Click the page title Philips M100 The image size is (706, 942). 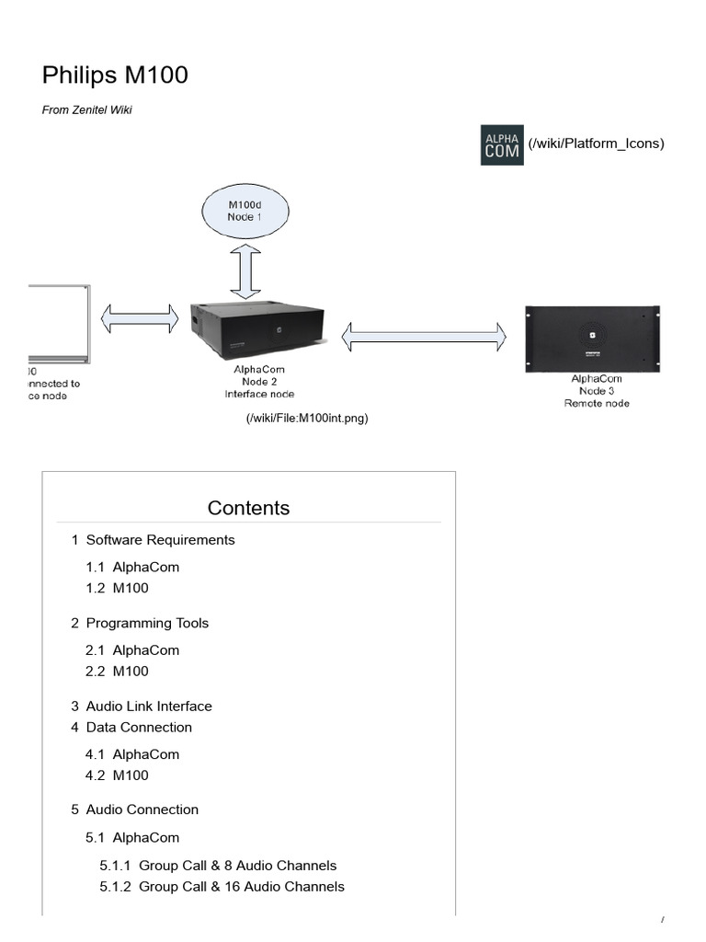click(115, 75)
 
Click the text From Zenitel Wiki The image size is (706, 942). click(94, 110)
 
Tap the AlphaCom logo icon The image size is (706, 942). click(502, 144)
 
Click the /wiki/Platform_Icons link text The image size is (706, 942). click(596, 144)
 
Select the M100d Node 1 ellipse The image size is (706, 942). click(245, 210)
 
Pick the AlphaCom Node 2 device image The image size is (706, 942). click(257, 328)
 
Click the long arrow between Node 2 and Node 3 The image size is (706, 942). click(424, 336)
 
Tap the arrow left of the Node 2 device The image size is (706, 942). click(140, 318)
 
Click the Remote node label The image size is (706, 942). click(597, 404)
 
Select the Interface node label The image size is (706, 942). click(259, 395)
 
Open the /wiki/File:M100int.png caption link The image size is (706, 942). click(306, 419)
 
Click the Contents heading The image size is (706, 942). click(248, 508)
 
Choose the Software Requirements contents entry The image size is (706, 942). click(160, 540)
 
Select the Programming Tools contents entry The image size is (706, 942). click(147, 623)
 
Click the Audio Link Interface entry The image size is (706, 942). click(149, 706)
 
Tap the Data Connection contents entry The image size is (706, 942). click(139, 727)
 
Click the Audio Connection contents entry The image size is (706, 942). click(142, 810)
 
